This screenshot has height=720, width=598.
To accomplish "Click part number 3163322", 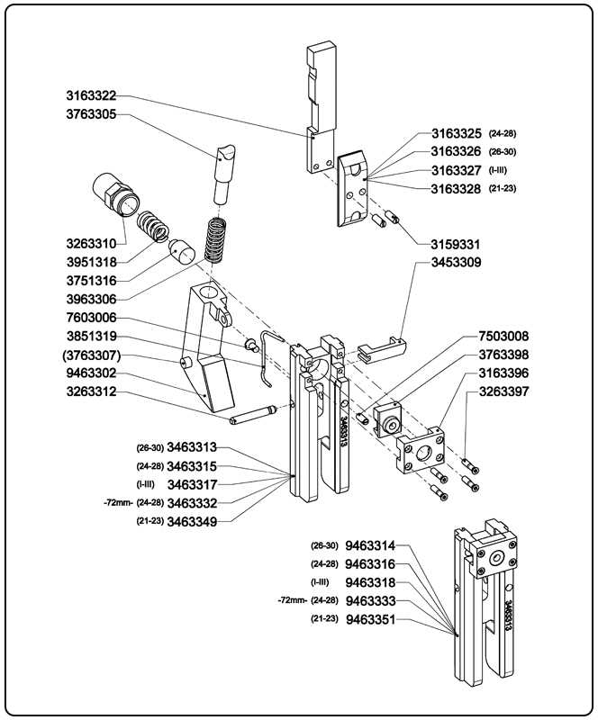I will tap(91, 96).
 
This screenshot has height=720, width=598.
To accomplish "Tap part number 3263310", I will tap(91, 243).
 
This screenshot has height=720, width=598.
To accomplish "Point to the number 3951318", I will tap(91, 261).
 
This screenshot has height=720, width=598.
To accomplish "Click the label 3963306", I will tap(91, 299).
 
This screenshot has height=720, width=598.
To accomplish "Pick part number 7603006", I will tap(91, 319).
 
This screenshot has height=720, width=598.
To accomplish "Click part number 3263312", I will tap(91, 392).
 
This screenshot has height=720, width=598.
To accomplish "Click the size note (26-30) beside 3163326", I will tap(502, 151).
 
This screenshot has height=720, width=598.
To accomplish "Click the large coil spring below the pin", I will tap(216, 238).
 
